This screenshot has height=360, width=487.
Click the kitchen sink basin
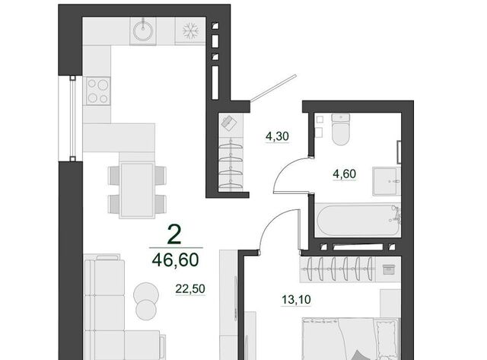click(x=143, y=30)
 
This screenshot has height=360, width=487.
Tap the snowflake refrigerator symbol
click(x=190, y=30)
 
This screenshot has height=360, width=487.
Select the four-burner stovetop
click(x=98, y=91)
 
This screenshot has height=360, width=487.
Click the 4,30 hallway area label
click(x=277, y=136)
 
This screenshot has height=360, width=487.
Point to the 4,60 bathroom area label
click(x=345, y=174)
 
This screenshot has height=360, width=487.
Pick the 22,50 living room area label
click(x=190, y=289)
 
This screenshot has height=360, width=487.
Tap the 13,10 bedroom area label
click(x=296, y=300)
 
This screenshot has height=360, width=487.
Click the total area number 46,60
click(x=176, y=260)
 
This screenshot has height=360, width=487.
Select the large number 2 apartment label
click(x=174, y=234)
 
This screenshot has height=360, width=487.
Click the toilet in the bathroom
click(x=341, y=129)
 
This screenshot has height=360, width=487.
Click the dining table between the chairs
click(x=137, y=190)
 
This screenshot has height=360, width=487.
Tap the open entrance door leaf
click(x=273, y=88)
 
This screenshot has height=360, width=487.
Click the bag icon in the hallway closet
click(x=228, y=122)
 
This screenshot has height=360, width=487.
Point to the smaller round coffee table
click(x=146, y=310)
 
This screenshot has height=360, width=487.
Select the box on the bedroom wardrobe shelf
click(x=388, y=269)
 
